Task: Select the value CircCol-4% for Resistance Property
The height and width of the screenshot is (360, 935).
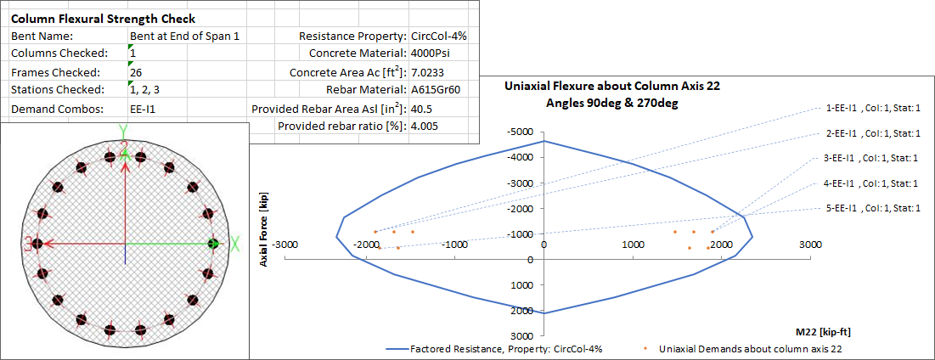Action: [x=438, y=36]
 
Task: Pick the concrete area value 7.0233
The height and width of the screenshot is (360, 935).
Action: [x=429, y=72]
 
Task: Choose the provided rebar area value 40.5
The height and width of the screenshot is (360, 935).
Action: [x=421, y=109]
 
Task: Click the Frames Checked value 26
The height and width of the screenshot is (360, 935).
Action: [x=135, y=72]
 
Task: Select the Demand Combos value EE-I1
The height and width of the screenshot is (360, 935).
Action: [x=143, y=109]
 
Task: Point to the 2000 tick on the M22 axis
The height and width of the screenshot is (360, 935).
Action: [x=721, y=245]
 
